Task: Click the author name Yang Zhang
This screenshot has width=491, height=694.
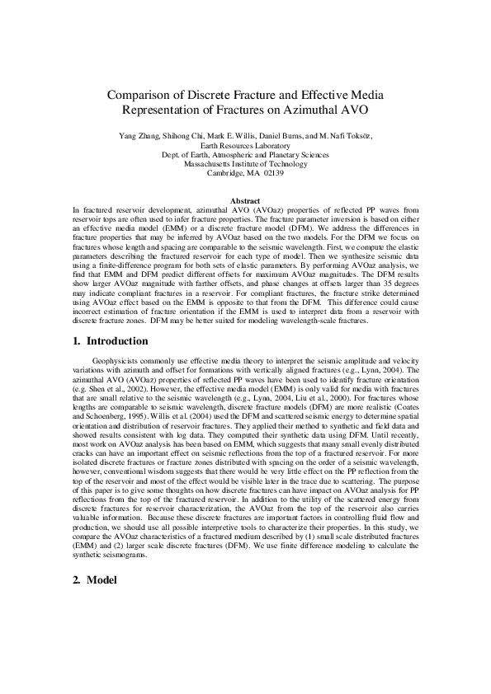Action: (141, 134)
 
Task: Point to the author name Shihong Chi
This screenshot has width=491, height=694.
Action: (186, 134)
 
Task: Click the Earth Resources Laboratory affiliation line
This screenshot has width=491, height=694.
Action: (245, 143)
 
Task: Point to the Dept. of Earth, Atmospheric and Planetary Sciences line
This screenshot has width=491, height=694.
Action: (245, 153)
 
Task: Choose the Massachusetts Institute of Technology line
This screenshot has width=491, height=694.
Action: (245, 163)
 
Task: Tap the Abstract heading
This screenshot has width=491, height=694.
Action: (245, 200)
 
